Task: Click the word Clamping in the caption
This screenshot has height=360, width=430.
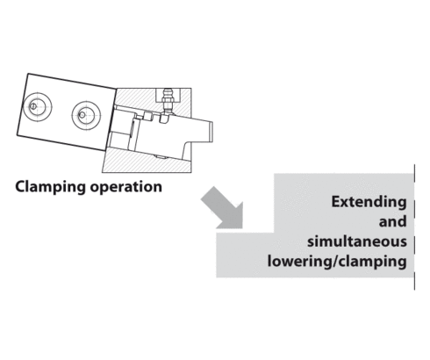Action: click(50, 186)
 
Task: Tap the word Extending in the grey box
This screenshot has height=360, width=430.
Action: click(369, 202)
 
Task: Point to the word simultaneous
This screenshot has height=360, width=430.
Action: click(357, 241)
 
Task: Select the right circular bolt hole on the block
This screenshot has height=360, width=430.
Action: click(85, 112)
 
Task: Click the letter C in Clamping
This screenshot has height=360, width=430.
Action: click(20, 186)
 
